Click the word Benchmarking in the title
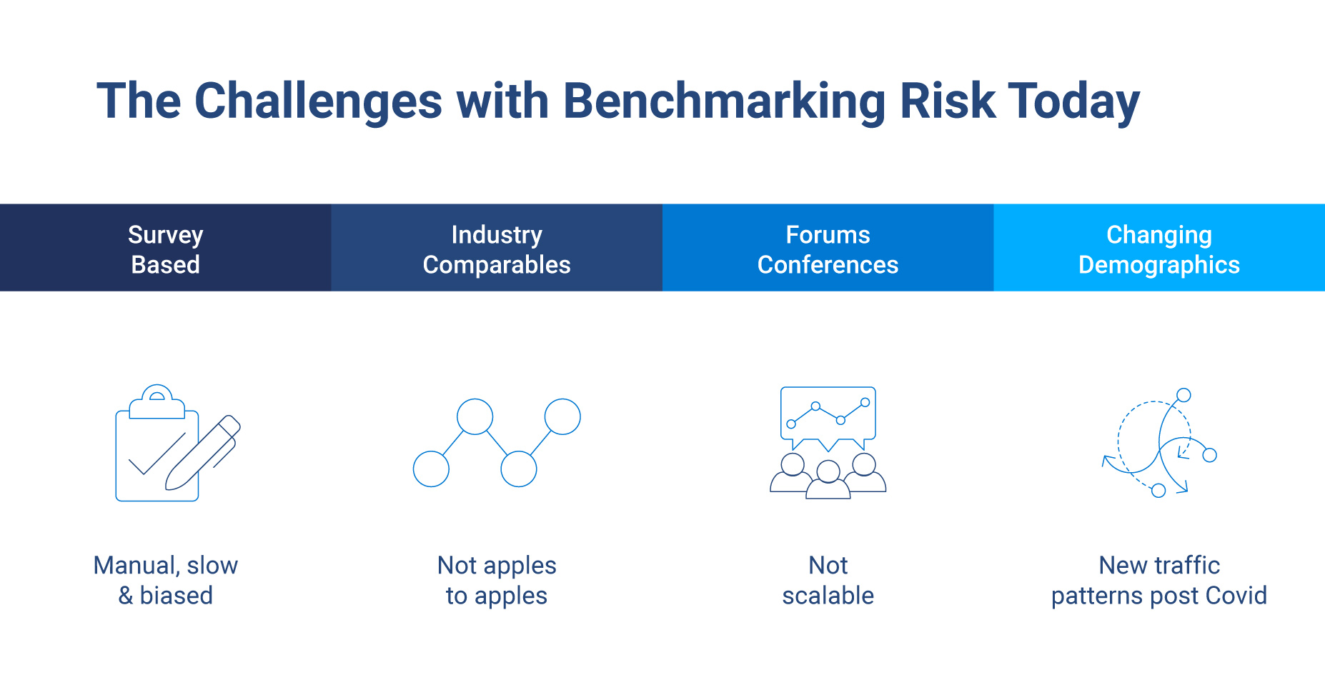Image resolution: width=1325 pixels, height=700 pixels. click(723, 101)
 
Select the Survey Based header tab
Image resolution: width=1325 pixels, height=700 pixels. click(165, 249)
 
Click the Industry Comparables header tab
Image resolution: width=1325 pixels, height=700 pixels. click(497, 249)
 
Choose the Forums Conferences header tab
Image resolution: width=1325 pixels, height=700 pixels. click(828, 249)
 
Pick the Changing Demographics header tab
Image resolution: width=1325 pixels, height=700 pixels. click(1158, 249)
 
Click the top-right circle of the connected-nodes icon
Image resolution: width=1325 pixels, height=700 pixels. click(562, 416)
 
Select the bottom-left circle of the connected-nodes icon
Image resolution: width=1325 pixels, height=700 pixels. click(431, 469)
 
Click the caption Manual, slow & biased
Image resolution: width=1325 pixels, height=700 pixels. click(165, 580)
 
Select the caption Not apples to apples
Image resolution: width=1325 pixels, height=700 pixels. click(497, 580)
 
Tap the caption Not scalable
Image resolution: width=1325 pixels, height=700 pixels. click(828, 580)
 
